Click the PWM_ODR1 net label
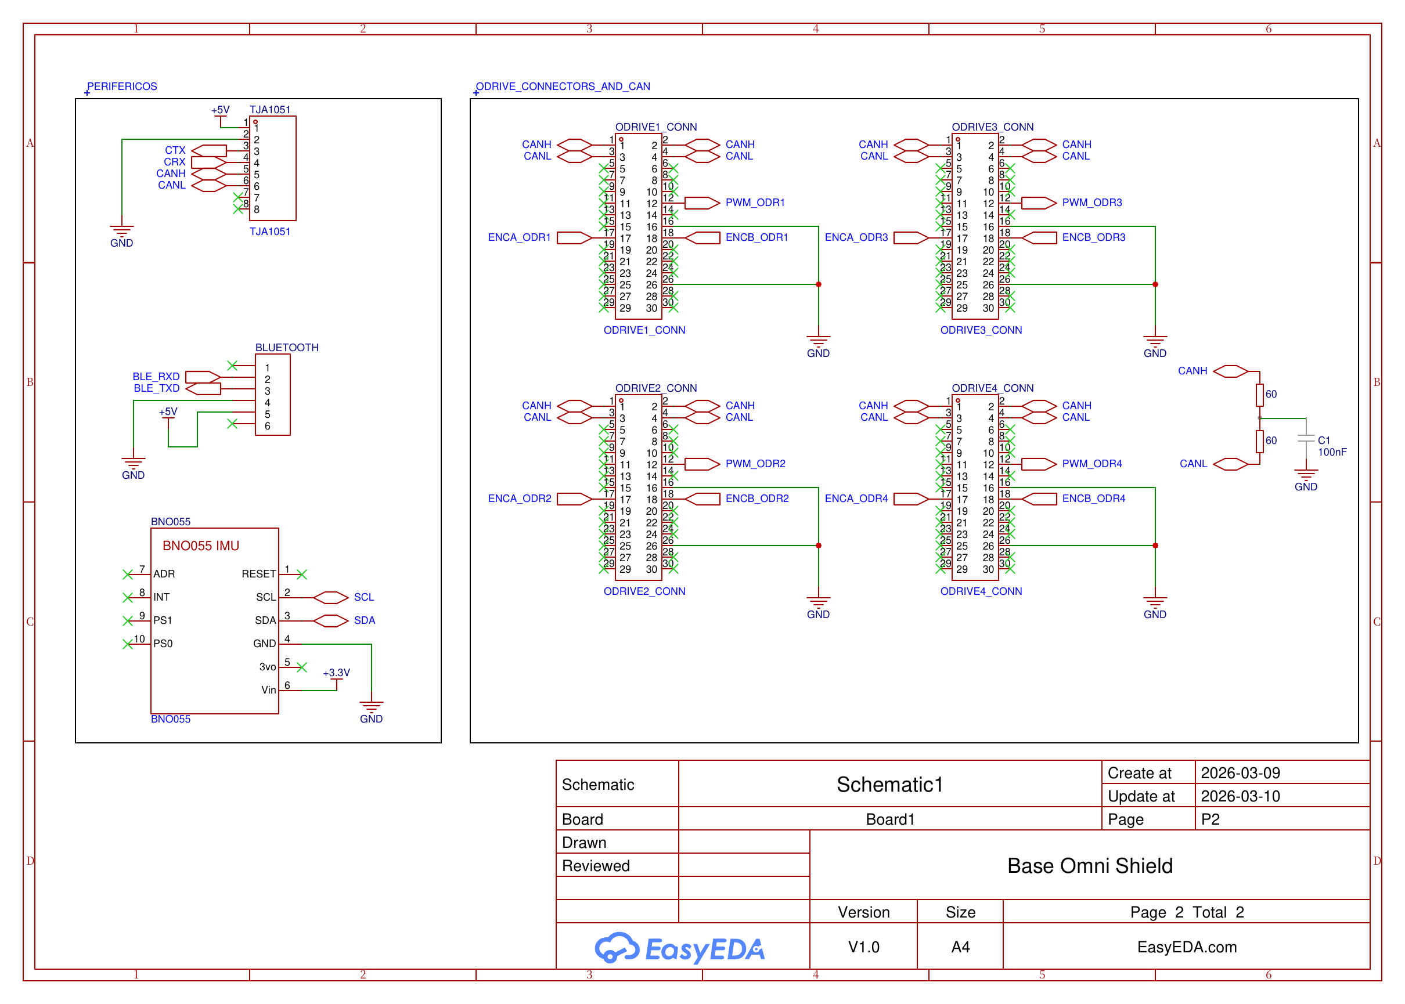(754, 203)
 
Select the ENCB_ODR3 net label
(1093, 237)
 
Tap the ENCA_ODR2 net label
(520, 499)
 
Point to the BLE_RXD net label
(156, 377)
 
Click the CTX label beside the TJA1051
(175, 150)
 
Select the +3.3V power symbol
(336, 673)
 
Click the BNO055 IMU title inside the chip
(200, 546)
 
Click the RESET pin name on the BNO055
(258, 575)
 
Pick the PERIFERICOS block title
(122, 86)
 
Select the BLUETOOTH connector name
(287, 348)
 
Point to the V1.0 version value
(863, 947)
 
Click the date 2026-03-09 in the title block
(1240, 773)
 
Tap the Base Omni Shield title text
(1089, 865)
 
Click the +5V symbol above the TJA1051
(220, 111)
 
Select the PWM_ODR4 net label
(1091, 464)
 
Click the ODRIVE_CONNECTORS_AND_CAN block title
(563, 86)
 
